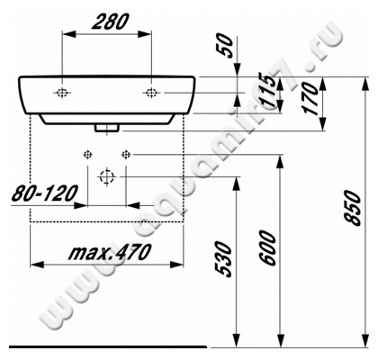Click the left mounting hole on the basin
click(x=63, y=93)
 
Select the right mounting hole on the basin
click(x=151, y=93)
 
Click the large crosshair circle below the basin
click(x=106, y=176)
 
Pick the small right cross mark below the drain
click(x=125, y=151)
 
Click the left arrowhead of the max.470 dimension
click(x=35, y=265)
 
